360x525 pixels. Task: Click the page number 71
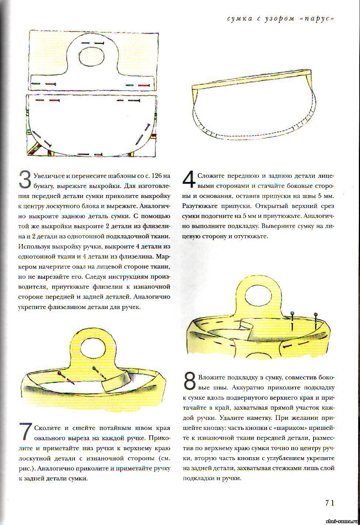(329, 503)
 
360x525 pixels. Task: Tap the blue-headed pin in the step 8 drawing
(292, 314)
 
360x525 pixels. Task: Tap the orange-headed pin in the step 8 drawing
(316, 314)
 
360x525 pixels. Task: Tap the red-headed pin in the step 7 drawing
(59, 374)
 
